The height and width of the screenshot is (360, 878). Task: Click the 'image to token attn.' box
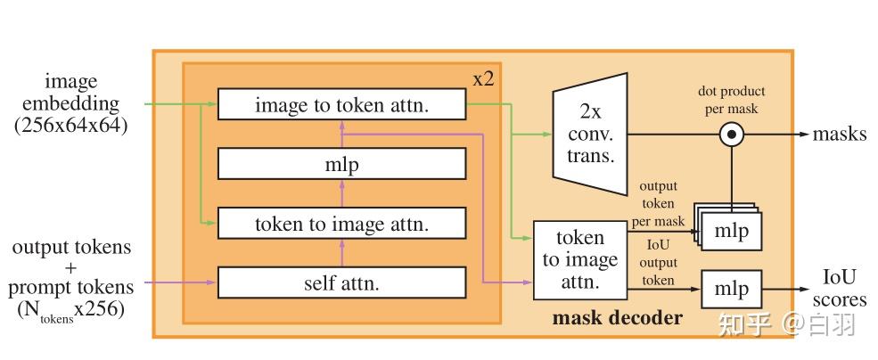coord(341,105)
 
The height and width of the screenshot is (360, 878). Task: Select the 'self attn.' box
coord(341,283)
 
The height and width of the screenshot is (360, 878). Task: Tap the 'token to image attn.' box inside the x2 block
coord(341,224)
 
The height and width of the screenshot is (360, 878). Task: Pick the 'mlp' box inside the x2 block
coord(341,164)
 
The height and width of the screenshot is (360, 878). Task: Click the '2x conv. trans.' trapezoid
coord(590,134)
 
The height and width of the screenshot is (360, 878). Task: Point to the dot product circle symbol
coord(732,135)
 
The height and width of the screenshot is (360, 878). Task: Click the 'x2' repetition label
coord(484,78)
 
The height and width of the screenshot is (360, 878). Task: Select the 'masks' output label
coord(839,135)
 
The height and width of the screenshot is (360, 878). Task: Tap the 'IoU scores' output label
coord(840,289)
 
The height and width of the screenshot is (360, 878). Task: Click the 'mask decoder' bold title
coord(618,317)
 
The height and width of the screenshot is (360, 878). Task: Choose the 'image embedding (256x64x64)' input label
coord(71,105)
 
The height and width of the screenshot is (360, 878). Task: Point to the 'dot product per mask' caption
coord(731,99)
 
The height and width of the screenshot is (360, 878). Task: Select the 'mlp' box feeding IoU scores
coord(732,289)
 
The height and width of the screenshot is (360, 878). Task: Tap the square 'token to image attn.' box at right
coord(579,260)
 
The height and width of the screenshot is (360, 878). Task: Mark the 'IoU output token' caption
coord(658,262)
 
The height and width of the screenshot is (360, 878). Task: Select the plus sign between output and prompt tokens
coord(71,267)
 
